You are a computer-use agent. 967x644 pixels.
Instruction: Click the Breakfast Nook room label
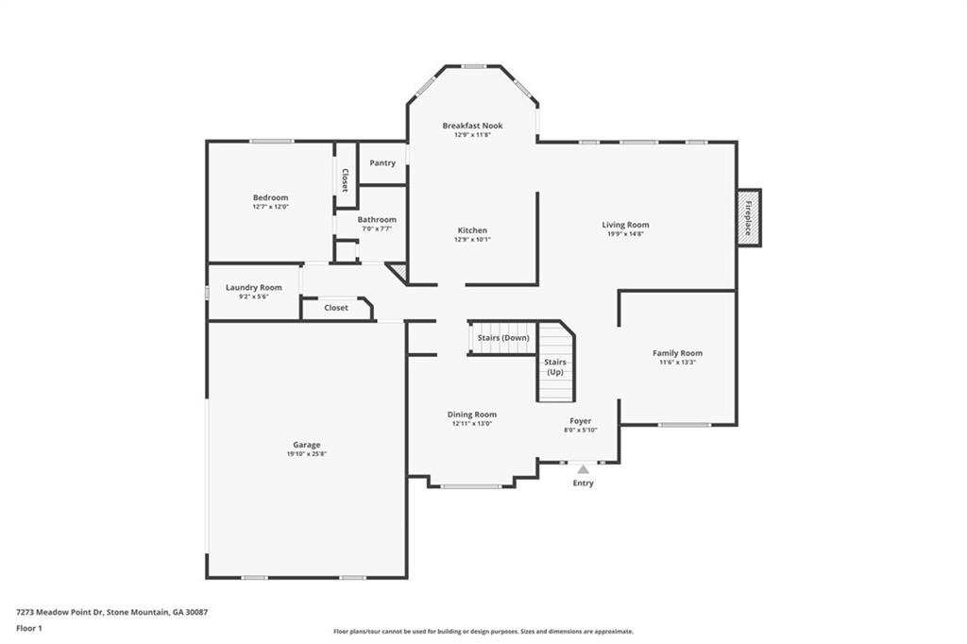[472, 126]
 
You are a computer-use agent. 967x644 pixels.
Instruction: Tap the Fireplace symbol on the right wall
[749, 218]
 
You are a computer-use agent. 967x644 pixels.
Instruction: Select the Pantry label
[382, 163]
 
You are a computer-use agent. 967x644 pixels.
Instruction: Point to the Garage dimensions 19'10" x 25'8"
[306, 454]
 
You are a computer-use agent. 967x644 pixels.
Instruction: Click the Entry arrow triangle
[583, 468]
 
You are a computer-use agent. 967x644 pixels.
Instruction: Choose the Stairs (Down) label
[502, 337]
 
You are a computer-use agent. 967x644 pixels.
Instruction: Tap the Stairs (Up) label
[555, 366]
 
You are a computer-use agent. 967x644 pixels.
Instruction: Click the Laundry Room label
[253, 287]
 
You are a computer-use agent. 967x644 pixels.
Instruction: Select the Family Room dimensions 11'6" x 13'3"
[677, 362]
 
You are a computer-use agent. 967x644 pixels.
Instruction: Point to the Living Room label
[625, 225]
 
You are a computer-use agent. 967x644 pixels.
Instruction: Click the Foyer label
[580, 421]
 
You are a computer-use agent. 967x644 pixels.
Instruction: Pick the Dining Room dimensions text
[471, 423]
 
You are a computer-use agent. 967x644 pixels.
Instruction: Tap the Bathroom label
[377, 219]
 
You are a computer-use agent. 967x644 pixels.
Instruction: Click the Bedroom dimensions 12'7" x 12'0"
[270, 206]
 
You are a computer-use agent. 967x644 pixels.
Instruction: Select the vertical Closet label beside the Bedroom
[345, 180]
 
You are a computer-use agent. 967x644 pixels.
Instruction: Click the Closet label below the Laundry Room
[335, 308]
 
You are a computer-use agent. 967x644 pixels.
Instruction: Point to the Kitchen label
[472, 230]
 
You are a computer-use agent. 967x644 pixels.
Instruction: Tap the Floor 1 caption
[30, 628]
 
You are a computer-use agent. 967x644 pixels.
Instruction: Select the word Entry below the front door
[583, 483]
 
